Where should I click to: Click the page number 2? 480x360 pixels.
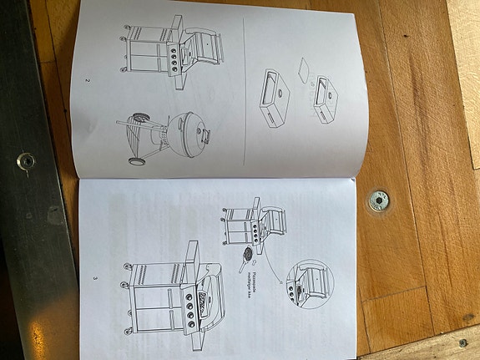click(87, 82)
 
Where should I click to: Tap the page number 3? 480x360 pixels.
click(95, 277)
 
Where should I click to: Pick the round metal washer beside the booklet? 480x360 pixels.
click(377, 201)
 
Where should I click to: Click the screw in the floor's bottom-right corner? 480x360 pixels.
click(462, 342)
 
